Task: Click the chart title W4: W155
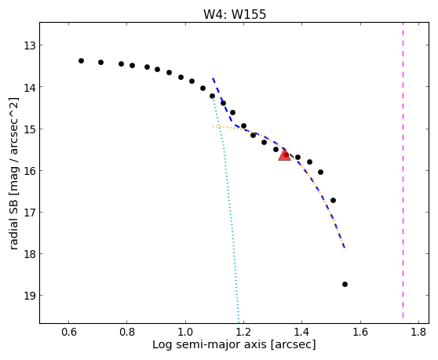pos(235,14)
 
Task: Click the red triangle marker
pos(284,155)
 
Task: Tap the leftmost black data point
pos(81,61)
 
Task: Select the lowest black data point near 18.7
pos(345,285)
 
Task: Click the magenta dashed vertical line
pos(403,170)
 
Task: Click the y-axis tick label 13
pos(30,45)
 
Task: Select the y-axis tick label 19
pos(30,296)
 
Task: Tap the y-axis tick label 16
pos(30,171)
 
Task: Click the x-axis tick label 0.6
pos(69,332)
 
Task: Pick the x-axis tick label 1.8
pos(418,332)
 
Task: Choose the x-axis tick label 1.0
pos(185,332)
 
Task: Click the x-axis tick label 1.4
pos(301,332)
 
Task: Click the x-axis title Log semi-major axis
pos(210,345)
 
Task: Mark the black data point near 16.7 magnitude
pos(333,200)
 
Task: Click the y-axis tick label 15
pos(30,129)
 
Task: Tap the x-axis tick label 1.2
pos(243,332)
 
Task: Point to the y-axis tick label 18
pos(30,254)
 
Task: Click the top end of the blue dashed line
pos(213,78)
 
